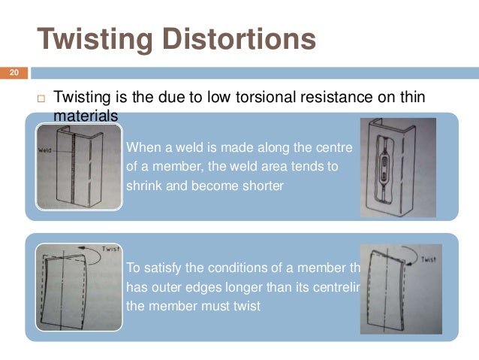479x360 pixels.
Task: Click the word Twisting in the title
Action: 95,39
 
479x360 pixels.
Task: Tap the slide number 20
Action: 13,74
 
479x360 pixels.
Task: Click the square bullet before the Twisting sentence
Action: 41,98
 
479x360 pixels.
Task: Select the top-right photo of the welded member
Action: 398,168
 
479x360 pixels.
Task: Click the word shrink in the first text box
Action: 143,185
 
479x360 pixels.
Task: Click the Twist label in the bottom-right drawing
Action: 425,259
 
